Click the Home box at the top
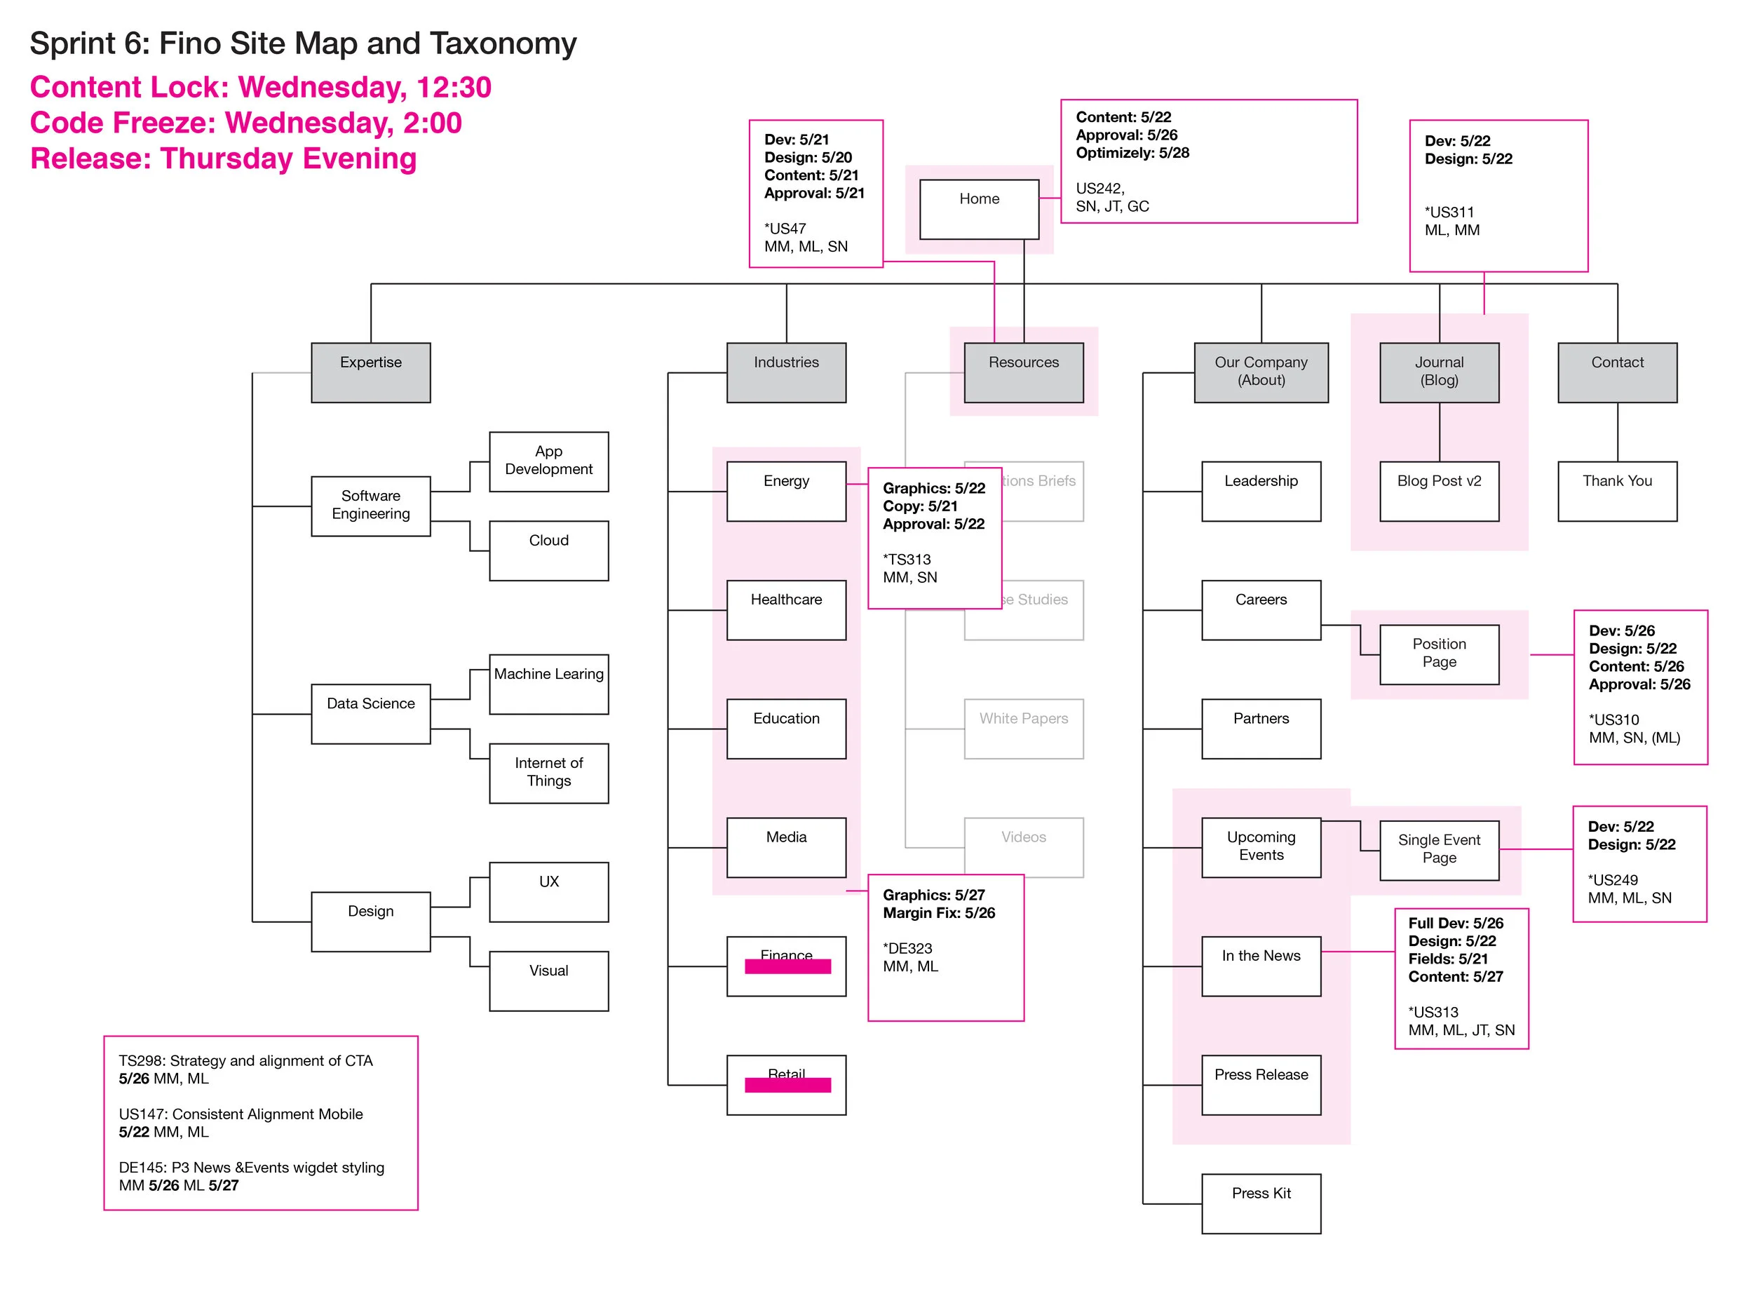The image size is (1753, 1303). click(x=979, y=209)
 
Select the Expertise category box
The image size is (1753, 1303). click(x=371, y=372)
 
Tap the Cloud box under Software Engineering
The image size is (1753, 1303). click(x=548, y=550)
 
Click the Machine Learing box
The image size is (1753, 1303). click(x=548, y=683)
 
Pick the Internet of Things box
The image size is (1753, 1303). click(x=548, y=772)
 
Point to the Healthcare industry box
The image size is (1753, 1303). click(x=785, y=609)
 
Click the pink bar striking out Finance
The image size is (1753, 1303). click(x=787, y=966)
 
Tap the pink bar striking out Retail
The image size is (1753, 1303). click(x=787, y=1086)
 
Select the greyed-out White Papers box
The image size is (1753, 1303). click(x=1023, y=728)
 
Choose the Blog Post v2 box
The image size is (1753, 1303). click(x=1438, y=491)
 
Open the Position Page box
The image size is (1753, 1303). click(x=1438, y=654)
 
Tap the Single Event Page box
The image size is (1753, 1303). click(x=1438, y=849)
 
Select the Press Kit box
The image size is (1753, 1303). click(x=1260, y=1203)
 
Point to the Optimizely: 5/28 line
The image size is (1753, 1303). click(x=1132, y=153)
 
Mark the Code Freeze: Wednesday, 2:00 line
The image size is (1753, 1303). click(x=245, y=123)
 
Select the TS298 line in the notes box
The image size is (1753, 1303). click(x=245, y=1061)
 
